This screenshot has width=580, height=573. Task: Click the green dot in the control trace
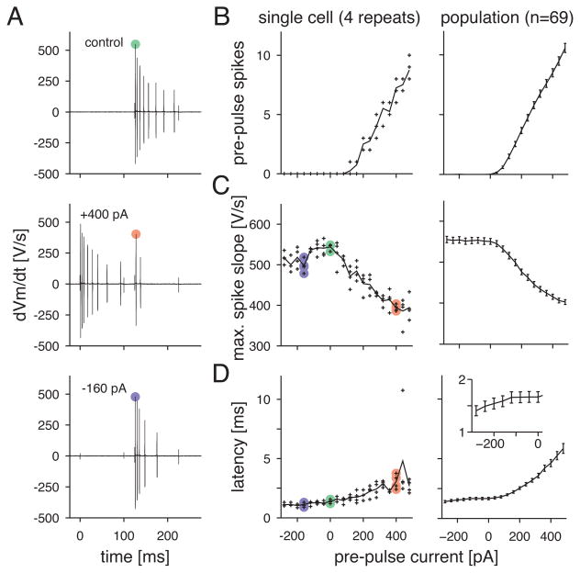coord(135,44)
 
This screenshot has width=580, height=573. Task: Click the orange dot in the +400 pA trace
coord(135,234)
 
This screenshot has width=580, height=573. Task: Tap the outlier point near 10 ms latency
coord(403,391)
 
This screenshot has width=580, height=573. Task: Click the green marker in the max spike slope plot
coord(330,247)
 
